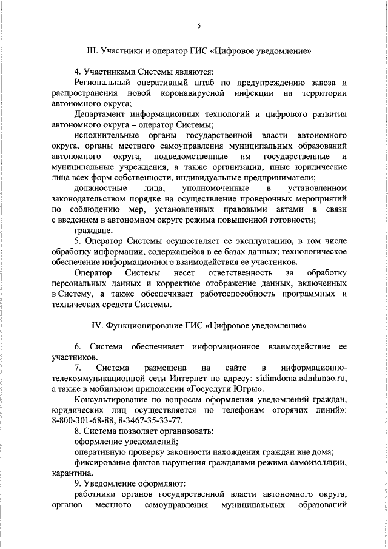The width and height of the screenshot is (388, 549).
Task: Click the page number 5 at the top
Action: pyautogui.click(x=199, y=26)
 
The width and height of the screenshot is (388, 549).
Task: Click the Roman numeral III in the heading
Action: pyautogui.click(x=93, y=50)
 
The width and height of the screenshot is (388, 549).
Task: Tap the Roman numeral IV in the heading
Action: pyautogui.click(x=97, y=325)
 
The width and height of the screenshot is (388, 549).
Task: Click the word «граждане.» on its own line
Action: pyautogui.click(x=93, y=231)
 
